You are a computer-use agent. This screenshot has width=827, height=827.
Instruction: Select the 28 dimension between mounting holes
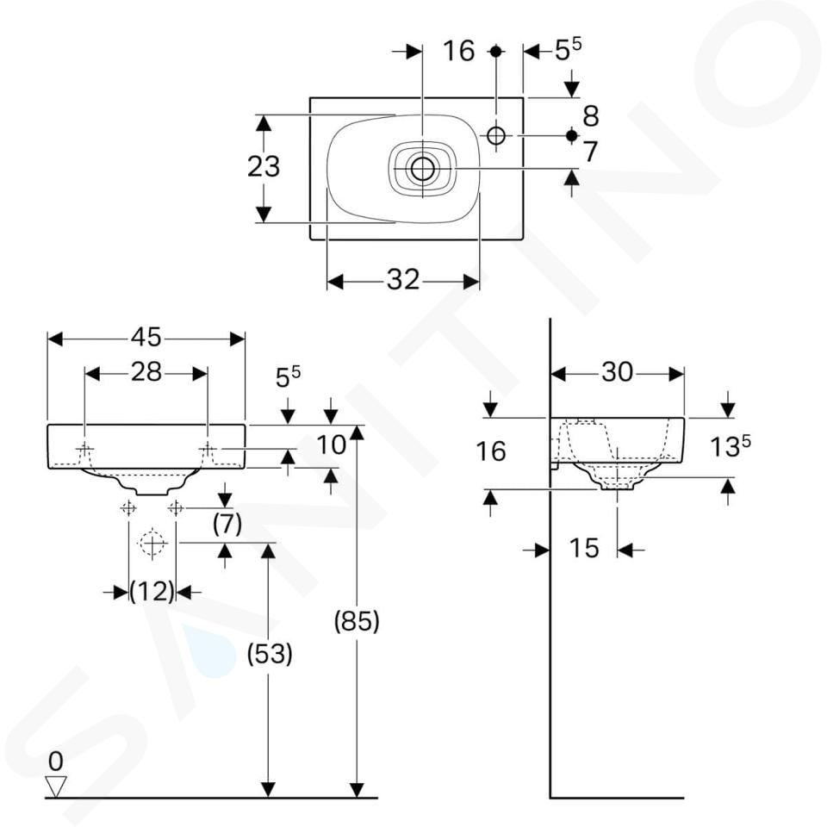146,372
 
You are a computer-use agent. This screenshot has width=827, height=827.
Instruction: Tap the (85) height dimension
357,620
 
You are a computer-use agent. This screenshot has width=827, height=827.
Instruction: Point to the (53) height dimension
269,654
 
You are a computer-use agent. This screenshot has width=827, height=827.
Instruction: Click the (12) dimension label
152,592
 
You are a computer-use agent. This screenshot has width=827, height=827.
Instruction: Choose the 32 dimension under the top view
402,280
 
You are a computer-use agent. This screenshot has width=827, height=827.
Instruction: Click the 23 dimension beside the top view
264,165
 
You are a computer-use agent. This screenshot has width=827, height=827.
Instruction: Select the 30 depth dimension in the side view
617,372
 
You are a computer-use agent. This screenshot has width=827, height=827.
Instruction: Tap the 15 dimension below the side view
584,549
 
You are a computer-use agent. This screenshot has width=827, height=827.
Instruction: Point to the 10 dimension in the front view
331,445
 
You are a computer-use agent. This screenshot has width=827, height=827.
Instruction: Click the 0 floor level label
56,761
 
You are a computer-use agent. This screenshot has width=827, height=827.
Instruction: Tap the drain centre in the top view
422,168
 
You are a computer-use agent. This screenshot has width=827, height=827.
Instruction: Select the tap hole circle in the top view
496,135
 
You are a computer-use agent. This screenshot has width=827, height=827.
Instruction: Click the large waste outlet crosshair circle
152,543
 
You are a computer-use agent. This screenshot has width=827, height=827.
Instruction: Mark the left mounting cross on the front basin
85,449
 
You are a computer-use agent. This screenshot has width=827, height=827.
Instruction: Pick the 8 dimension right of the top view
590,115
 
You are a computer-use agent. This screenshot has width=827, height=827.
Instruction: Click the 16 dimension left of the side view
491,451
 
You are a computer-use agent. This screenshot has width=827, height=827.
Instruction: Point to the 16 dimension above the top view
459,51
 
